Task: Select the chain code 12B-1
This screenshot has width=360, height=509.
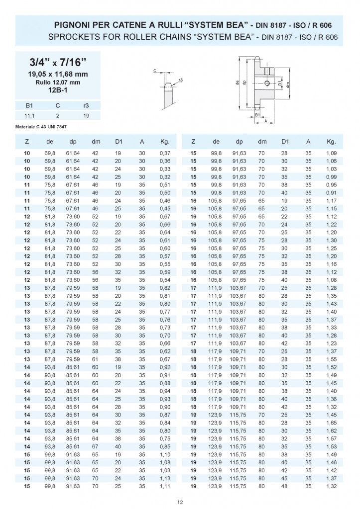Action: tap(58, 90)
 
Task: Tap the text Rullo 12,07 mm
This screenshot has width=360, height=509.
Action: tap(58, 82)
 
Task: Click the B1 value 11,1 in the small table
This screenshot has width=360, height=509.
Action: tap(29, 115)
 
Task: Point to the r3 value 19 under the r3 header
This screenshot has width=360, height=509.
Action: tap(86, 115)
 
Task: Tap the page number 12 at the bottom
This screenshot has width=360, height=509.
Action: tap(180, 503)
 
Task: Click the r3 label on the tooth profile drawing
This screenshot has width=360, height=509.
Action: tap(180, 80)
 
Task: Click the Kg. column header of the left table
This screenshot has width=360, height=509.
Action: tap(165, 142)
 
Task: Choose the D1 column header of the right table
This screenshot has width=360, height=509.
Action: tap(285, 142)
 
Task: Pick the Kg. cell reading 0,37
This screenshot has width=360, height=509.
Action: tap(165, 153)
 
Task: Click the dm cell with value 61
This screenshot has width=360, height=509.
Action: tap(96, 359)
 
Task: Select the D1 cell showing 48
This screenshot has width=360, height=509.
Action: tap(285, 485)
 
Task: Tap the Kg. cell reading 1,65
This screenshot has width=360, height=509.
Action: tap(331, 423)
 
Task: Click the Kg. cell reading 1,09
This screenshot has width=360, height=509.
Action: tap(331, 153)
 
